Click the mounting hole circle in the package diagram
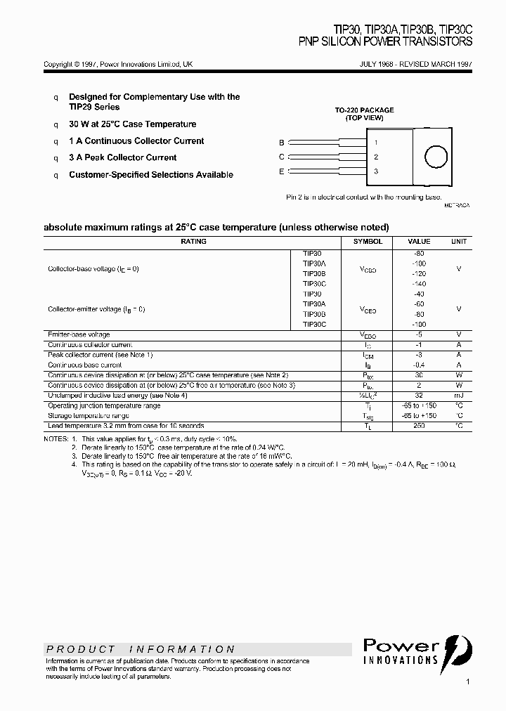(x=437, y=157)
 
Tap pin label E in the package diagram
(x=282, y=171)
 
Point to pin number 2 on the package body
(x=376, y=157)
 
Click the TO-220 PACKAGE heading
(x=364, y=110)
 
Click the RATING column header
(x=193, y=242)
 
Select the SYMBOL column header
(x=368, y=242)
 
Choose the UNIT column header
(x=458, y=242)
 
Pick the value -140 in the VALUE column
(x=420, y=284)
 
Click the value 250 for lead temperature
(x=420, y=426)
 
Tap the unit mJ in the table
(x=458, y=396)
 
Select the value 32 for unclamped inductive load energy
(x=420, y=396)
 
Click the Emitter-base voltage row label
(x=79, y=335)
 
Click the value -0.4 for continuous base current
(x=420, y=365)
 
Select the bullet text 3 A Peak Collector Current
(x=122, y=158)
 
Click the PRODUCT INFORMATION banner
(x=141, y=649)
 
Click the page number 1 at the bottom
(x=467, y=681)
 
